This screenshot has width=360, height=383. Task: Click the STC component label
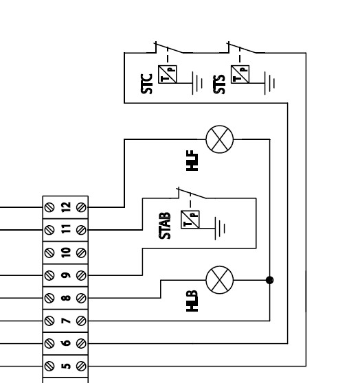coord(147,84)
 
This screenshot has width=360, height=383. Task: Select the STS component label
coord(219,84)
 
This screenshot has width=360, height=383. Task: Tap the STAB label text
coord(165,226)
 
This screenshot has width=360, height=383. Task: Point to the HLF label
coord(192,161)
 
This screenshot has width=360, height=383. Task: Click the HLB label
coord(192,301)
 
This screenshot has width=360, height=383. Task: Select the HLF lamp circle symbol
coord(220,139)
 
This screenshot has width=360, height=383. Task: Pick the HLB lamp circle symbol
coord(220,280)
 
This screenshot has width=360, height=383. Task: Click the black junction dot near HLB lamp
coord(270,280)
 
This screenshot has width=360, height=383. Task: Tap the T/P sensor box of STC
coord(168,74)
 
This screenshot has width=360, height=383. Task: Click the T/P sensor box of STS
coord(240,74)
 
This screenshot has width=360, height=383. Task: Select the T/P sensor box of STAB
coord(190,220)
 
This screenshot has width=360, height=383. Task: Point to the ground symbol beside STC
coord(197,83)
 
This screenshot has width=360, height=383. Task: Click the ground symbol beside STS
coord(270,83)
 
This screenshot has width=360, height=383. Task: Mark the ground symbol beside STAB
coord(220,229)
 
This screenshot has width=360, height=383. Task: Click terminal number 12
coord(66,207)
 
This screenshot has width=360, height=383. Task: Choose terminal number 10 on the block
coord(66,253)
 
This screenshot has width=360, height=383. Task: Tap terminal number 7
coord(66,321)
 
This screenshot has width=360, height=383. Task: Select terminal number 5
coord(66,366)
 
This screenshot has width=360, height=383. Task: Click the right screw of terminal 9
coord(81,275)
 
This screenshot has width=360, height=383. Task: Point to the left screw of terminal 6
coord(49,343)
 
